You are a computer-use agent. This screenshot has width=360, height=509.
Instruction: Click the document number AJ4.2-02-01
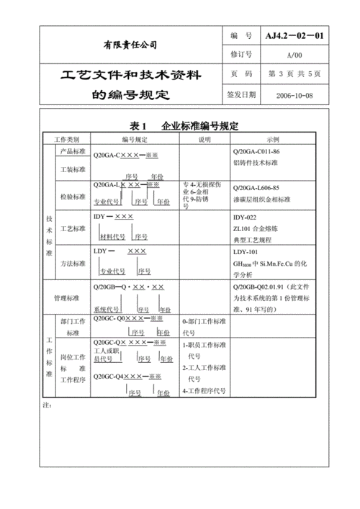click(294, 35)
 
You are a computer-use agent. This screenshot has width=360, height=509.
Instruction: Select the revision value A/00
click(294, 54)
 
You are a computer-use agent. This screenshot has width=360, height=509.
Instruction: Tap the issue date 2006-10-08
click(294, 94)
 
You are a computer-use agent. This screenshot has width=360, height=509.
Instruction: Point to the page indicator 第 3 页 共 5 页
click(294, 74)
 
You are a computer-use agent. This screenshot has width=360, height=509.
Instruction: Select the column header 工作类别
click(72, 138)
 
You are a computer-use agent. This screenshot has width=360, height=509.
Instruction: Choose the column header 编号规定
click(134, 138)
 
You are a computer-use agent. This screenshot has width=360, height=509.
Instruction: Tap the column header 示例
click(272, 138)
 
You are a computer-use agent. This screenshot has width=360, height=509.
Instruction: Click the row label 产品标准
click(72, 152)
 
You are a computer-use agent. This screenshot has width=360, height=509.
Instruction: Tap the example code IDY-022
click(245, 217)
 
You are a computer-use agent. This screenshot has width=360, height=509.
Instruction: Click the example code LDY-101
click(246, 252)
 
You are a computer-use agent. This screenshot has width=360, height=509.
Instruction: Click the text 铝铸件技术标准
click(257, 163)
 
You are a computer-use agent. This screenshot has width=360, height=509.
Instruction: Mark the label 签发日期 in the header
click(241, 94)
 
